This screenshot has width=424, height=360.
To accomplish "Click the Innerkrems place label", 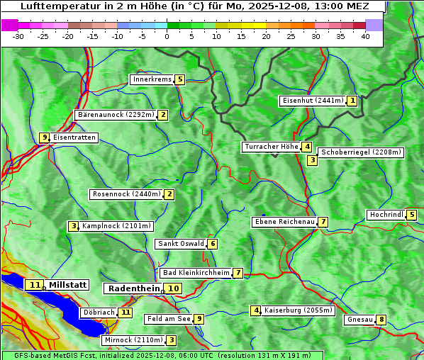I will click(x=152, y=79).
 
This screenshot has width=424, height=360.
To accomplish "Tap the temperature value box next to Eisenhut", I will click(x=352, y=101).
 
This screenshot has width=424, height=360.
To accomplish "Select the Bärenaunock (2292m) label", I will click(x=116, y=115).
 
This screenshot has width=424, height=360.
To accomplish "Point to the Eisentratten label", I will click(x=74, y=137).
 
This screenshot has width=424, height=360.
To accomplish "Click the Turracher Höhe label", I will click(x=271, y=147).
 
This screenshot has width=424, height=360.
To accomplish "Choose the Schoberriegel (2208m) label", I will click(x=361, y=152).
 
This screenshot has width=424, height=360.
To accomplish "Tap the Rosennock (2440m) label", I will click(x=126, y=194).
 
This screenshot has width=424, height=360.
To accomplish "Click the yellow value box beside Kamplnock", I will click(x=73, y=226).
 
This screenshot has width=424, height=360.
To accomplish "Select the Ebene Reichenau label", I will click(x=284, y=222).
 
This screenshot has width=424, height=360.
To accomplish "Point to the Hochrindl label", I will click(x=386, y=215).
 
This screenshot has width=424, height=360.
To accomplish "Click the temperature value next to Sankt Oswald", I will click(x=212, y=244).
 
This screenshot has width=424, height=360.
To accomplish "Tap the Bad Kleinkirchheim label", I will click(x=196, y=273).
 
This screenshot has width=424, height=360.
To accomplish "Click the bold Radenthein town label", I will click(x=134, y=288).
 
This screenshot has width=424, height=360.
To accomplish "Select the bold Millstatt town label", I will click(x=68, y=285).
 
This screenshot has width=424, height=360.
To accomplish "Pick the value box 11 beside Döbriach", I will click(x=125, y=312).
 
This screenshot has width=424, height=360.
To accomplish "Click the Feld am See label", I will click(x=168, y=319).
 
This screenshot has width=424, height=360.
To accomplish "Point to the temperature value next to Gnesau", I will click(x=381, y=320).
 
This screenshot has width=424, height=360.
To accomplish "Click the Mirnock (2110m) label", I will click(x=133, y=340).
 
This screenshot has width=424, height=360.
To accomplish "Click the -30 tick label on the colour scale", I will click(x=18, y=36).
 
